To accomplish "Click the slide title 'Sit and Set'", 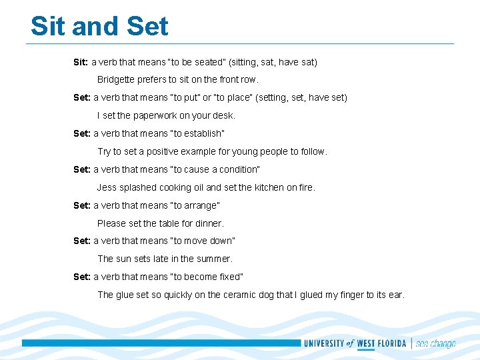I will pos(99,27).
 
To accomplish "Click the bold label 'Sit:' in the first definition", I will pos(81,62).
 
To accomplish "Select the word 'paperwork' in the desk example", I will pos(154,115).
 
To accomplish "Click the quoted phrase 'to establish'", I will pos(198,133).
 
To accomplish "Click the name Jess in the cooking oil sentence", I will pos(107,187).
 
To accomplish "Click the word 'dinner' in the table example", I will pos(209,223).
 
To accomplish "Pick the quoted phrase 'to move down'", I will pos(203,241).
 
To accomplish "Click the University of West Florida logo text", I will pos(355,343).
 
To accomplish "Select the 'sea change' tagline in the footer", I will pos(435,344).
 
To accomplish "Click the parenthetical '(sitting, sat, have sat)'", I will pos(273,62).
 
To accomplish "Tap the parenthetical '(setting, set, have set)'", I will pos(301,97).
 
